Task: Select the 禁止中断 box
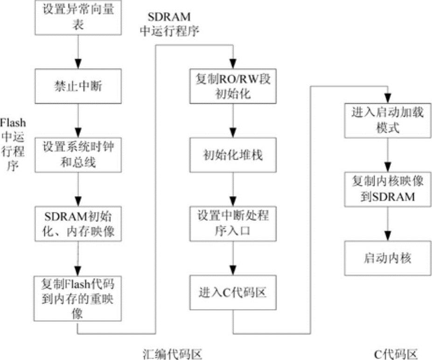coord(78,87)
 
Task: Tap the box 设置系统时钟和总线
coord(78,154)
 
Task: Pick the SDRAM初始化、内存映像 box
coord(78,224)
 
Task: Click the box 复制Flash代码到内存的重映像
coord(78,298)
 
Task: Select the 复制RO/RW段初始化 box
coord(233,86)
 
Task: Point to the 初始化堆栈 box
coord(233,154)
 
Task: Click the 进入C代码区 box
coord(233,293)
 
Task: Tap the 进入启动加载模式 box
coord(387,120)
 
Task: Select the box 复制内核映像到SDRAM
coord(387,190)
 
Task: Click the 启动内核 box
coord(387,258)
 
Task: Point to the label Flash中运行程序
coord(13,144)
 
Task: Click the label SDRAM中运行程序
coord(169,24)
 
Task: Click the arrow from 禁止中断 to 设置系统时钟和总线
coord(78,119)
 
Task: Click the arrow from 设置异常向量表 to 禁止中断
coord(78,51)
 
